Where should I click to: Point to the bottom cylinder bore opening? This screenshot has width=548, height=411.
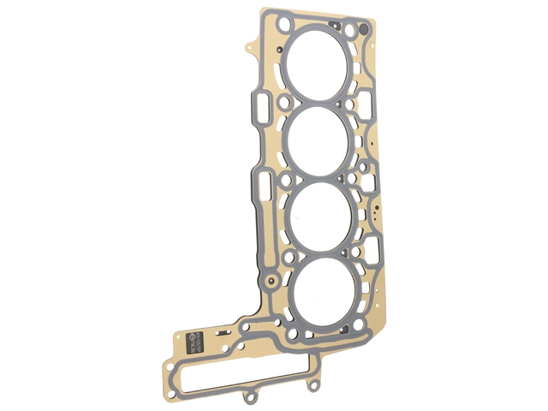pyautogui.click(x=323, y=290)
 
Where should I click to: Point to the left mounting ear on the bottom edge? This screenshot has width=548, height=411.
pyautogui.click(x=250, y=396)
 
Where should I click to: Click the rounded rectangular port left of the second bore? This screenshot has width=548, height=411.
pyautogui.click(x=261, y=109)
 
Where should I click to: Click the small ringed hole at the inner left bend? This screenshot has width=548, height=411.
pyautogui.click(x=272, y=281)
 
